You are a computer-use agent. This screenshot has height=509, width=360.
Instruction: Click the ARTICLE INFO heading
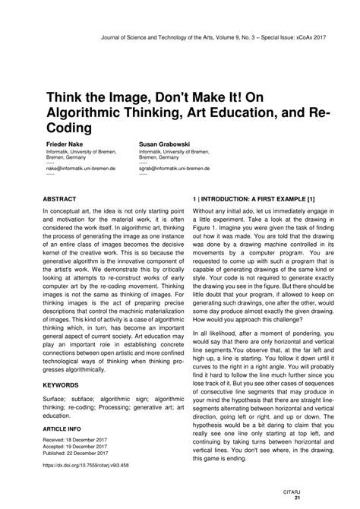[x=68, y=428]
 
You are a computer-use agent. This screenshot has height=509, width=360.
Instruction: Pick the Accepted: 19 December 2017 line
[x=81, y=447]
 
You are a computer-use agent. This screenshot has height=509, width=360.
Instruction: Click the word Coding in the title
[x=69, y=128]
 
